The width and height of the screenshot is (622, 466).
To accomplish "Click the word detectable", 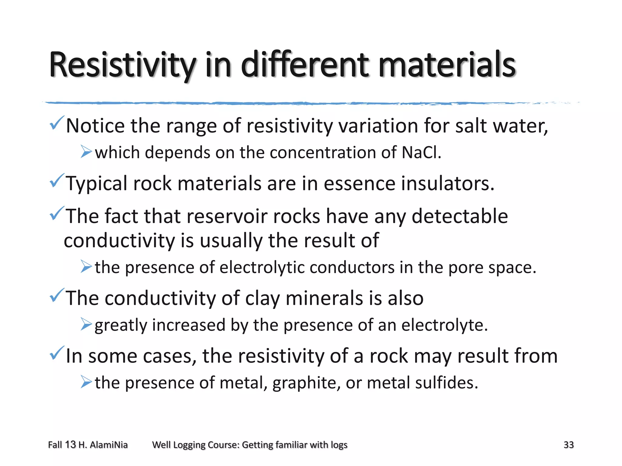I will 460,216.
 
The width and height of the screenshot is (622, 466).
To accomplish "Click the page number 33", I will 569,445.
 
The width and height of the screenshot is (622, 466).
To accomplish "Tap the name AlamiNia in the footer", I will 109,445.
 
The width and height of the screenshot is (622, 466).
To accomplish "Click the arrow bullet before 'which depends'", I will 86,152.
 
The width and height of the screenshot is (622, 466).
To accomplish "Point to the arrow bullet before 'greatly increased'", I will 86,324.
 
